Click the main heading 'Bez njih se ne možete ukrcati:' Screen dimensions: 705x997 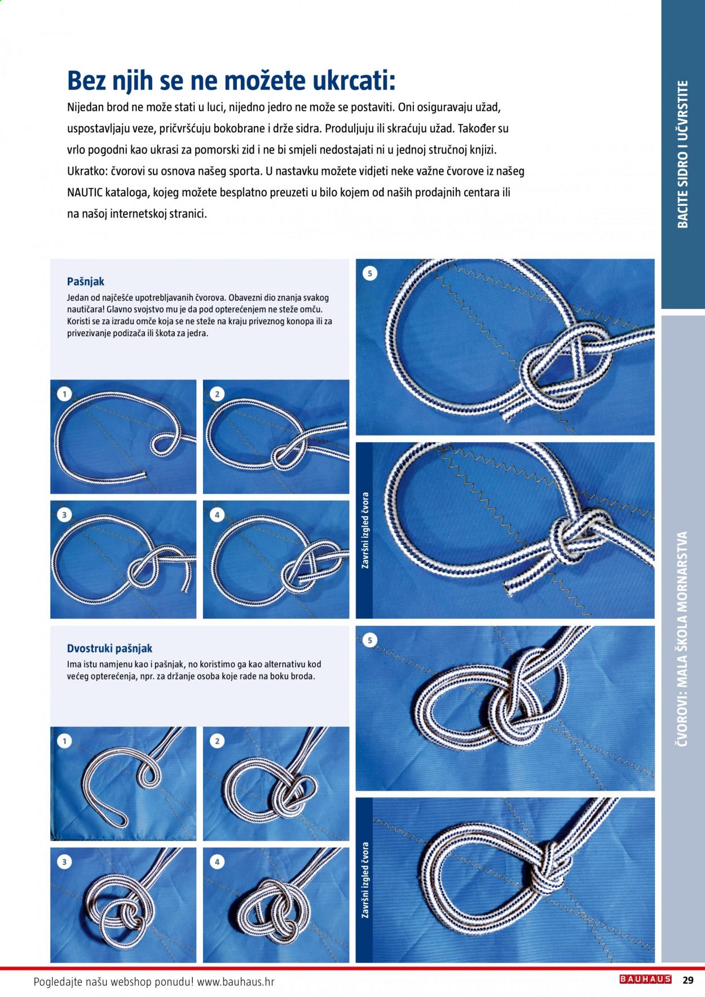coord(231,81)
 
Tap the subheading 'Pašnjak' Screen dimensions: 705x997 coord(86,281)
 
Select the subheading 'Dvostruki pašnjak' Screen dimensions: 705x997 coord(109,649)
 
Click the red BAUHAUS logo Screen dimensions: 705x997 coord(645,980)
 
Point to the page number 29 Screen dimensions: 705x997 coord(688,980)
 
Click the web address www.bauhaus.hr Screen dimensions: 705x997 coord(236,981)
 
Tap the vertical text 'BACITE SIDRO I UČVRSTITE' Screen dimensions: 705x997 coord(683,154)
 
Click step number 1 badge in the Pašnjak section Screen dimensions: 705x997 coord(65,394)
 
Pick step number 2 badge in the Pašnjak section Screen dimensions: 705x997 coord(217,394)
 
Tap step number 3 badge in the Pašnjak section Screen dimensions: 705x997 coord(64,515)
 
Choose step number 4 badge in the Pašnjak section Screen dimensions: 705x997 coord(217,515)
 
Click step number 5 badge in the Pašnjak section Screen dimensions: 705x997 coord(370,273)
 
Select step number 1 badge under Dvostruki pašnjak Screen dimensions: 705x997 coord(64,741)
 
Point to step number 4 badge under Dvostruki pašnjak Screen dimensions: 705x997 coord(217,862)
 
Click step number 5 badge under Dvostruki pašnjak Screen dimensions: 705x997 coord(370,640)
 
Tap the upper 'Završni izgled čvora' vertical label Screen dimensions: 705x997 coord(365,530)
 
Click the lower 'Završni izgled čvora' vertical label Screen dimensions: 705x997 coord(365,880)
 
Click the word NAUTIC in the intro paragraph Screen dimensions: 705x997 coord(85,192)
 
